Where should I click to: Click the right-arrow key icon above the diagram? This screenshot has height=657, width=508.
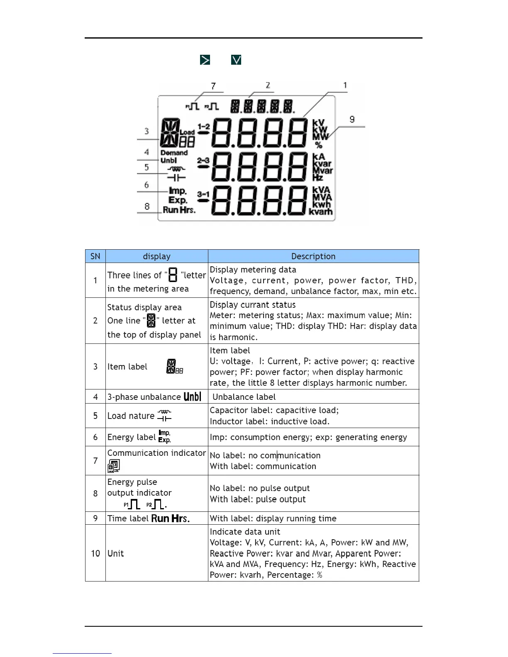205,60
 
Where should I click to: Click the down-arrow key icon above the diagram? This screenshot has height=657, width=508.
236,60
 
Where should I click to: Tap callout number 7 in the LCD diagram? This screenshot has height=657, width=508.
213,86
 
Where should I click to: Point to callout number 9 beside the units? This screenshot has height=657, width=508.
352,119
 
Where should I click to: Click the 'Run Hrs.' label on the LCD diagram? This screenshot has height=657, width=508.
179,210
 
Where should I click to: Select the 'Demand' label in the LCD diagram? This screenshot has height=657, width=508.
174,153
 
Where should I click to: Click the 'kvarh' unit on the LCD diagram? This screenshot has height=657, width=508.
321,212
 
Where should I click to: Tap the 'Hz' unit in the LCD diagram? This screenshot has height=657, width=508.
317,178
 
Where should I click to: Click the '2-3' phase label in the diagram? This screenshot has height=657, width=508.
203,160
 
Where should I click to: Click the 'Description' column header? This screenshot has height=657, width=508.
313,256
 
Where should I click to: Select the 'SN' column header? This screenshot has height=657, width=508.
95,256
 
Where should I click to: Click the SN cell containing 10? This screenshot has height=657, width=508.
95,553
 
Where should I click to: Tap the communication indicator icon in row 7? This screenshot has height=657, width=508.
113,466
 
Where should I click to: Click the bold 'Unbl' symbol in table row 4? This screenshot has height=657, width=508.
192,397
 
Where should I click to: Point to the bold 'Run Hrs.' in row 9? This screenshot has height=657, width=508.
170,518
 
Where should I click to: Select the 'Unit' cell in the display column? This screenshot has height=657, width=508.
116,553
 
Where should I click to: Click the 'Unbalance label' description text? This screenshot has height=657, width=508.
244,397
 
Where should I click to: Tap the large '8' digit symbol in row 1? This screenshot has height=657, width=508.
173,275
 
